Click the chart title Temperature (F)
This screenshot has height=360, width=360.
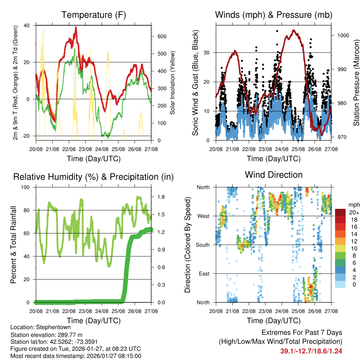coord(94,15)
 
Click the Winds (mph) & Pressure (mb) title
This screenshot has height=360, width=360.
coord(274,15)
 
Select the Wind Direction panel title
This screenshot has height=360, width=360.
coord(274,175)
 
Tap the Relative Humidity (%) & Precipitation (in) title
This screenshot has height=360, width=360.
coord(94,177)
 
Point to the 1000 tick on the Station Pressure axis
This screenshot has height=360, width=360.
coord(343,36)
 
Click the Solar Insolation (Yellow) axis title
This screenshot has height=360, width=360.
coord(173,83)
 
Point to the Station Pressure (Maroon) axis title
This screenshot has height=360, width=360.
coord(356,83)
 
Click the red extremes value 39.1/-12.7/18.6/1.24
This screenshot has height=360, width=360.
coord(311,351)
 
